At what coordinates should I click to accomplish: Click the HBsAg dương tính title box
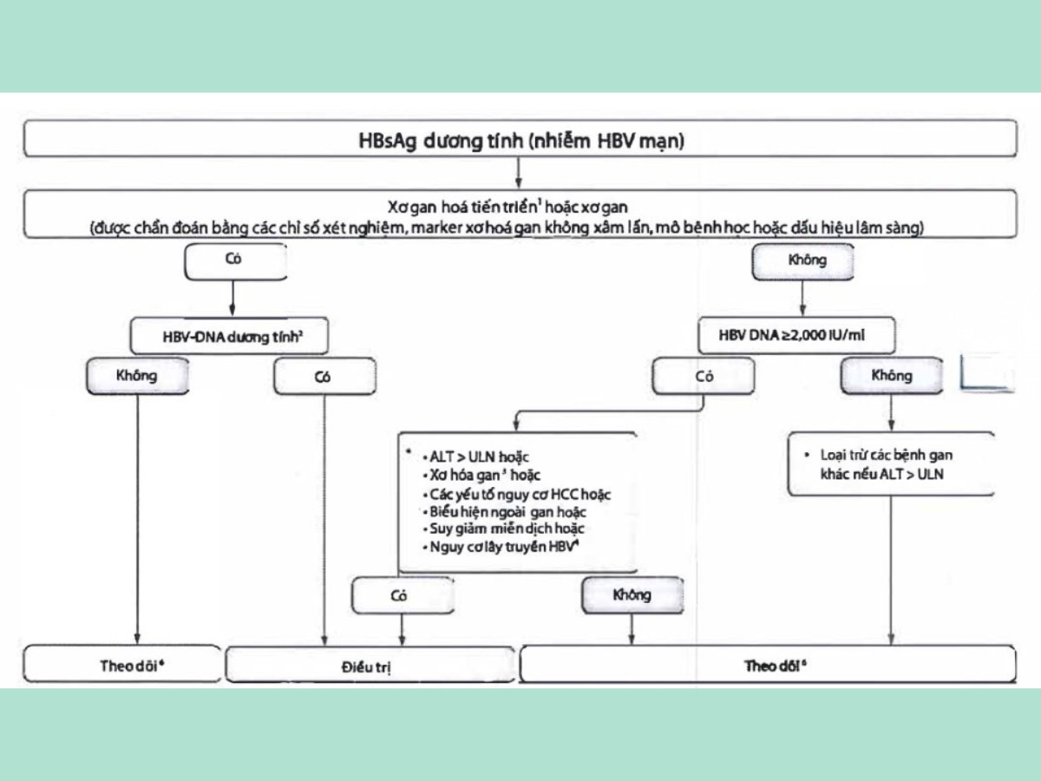tap(520, 140)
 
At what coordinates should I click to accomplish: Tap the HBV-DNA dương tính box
tap(230, 334)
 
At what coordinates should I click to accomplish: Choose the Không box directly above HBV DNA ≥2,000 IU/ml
tap(802, 260)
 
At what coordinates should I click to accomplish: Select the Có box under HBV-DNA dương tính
tap(324, 377)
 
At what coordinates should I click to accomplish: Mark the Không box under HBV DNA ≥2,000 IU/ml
tap(891, 375)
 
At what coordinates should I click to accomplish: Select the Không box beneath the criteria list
tap(632, 596)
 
